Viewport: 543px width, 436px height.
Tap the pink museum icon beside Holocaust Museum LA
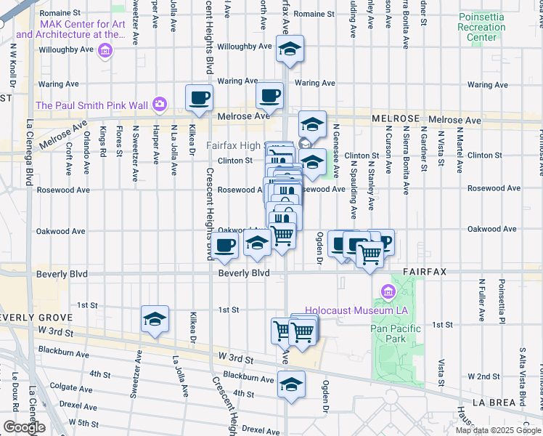click(x=387, y=293)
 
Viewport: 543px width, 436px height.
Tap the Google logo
click(x=24, y=427)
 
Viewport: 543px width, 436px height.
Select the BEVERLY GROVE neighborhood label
click(x=36, y=318)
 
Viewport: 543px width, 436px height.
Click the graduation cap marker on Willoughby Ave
click(x=289, y=50)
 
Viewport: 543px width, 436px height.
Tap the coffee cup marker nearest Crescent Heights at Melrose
click(x=199, y=97)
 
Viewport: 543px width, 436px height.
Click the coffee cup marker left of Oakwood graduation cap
click(x=225, y=246)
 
